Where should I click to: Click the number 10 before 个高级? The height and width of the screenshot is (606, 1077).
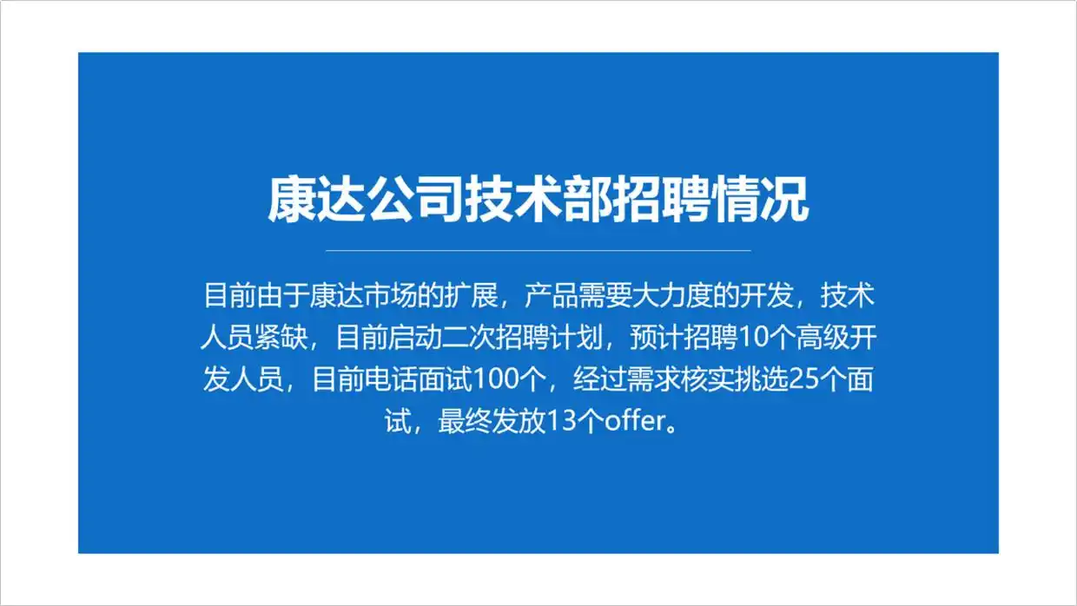click(752, 338)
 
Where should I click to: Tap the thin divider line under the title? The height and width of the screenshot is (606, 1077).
click(538, 250)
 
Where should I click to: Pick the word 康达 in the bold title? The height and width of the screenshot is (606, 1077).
click(317, 200)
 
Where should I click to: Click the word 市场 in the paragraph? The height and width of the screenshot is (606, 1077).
click(390, 295)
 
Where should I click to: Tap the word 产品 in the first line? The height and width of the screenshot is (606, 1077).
click(551, 295)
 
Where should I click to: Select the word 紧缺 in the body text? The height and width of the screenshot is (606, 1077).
click(281, 338)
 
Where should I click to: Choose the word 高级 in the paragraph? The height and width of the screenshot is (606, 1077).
click(823, 338)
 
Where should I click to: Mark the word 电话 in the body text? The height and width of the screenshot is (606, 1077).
click(392, 379)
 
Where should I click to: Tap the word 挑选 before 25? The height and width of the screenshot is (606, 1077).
click(762, 379)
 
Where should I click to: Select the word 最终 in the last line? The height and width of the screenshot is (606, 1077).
click(465, 421)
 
